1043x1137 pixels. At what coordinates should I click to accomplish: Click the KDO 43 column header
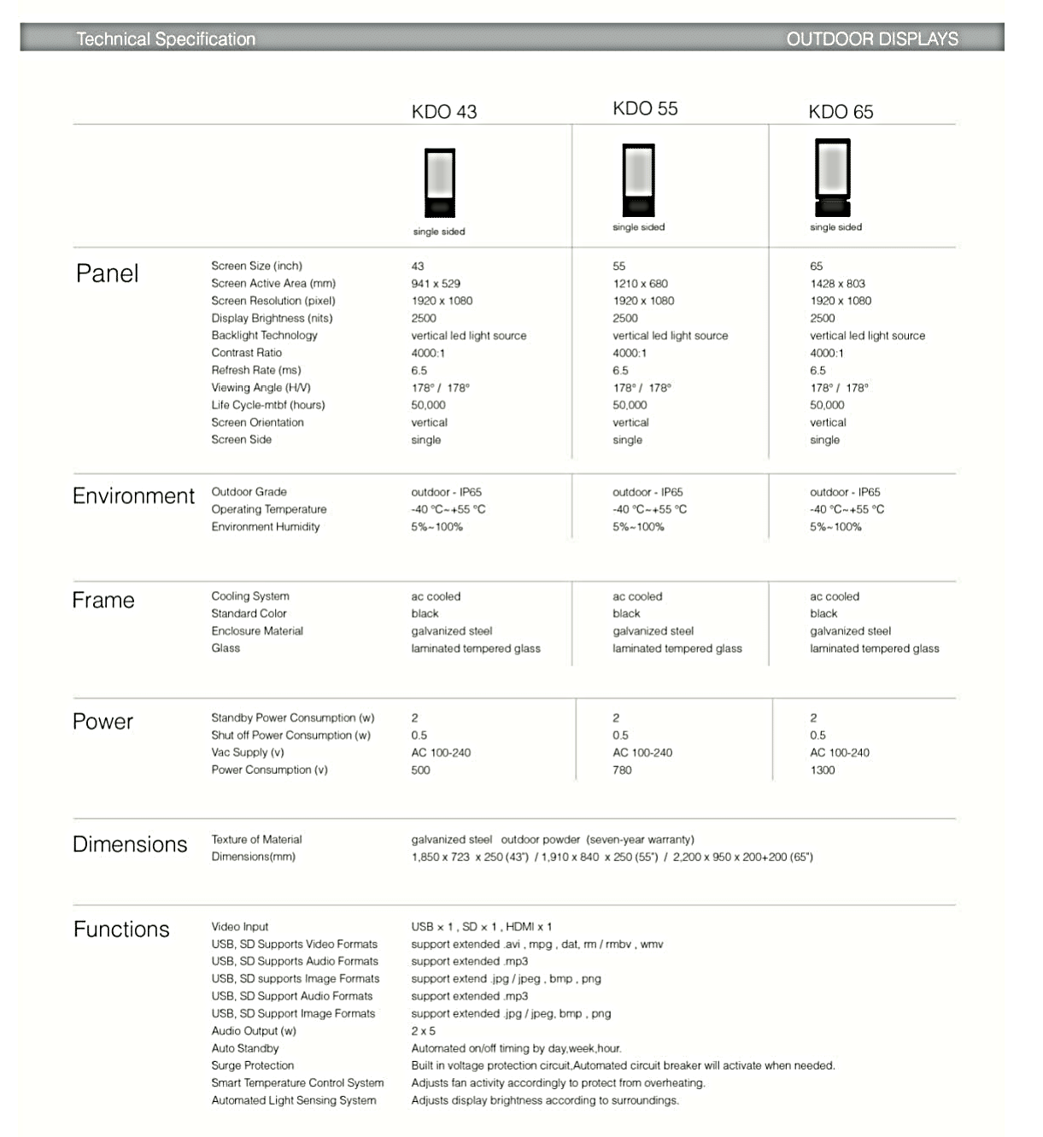click(444, 112)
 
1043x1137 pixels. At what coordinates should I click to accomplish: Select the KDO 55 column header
click(645, 108)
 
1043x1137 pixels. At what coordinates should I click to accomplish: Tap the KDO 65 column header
click(841, 112)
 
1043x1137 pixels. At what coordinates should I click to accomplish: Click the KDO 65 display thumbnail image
click(832, 180)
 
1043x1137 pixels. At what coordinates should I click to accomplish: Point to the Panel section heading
click(107, 273)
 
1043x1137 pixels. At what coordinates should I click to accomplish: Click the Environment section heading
click(133, 496)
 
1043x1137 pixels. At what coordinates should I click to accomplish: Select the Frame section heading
click(103, 601)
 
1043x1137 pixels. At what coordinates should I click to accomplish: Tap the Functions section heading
click(121, 929)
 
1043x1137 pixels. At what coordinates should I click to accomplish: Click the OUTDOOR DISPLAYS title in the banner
click(871, 38)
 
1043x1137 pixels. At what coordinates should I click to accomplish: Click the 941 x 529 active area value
click(436, 284)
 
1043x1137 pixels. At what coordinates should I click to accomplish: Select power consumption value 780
click(622, 771)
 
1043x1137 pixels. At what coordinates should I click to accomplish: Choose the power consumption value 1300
click(823, 771)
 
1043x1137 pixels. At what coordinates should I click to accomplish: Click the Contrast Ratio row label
click(247, 353)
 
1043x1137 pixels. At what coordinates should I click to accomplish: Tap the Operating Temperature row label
click(269, 509)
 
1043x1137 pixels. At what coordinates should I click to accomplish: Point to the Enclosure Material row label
click(257, 631)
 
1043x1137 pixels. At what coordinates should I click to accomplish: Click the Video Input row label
click(240, 927)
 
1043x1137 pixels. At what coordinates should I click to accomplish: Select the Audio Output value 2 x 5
click(423, 1031)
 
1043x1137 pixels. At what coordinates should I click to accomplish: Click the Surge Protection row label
click(253, 1066)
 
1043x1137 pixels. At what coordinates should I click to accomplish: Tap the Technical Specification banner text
click(166, 38)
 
